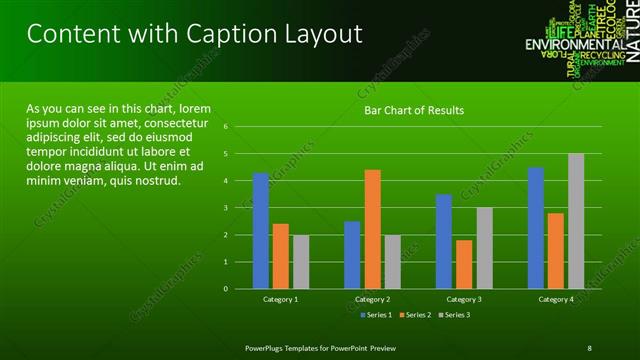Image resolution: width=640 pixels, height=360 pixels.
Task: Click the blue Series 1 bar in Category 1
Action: pyautogui.click(x=261, y=231)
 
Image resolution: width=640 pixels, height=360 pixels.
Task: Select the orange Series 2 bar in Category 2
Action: pyautogui.click(x=372, y=229)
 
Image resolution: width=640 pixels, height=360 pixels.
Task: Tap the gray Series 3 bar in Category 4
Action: pyautogui.click(x=576, y=221)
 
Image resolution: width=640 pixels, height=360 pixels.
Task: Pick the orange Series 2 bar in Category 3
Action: pyautogui.click(x=464, y=264)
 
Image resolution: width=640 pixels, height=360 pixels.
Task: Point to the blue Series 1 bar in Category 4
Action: pyautogui.click(x=536, y=228)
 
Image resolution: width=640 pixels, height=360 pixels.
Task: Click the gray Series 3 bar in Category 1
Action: pyautogui.click(x=301, y=262)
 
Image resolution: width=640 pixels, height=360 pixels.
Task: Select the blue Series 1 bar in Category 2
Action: pyautogui.click(x=352, y=255)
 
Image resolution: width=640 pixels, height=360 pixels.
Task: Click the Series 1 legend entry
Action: pyautogui.click(x=375, y=315)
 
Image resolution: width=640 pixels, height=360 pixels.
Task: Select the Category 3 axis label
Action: pyautogui.click(x=464, y=299)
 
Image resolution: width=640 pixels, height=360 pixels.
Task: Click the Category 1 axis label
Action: pyautogui.click(x=281, y=299)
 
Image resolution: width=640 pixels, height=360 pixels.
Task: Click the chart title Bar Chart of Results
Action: pyautogui.click(x=413, y=109)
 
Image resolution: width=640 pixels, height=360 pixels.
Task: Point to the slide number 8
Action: pyautogui.click(x=590, y=347)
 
